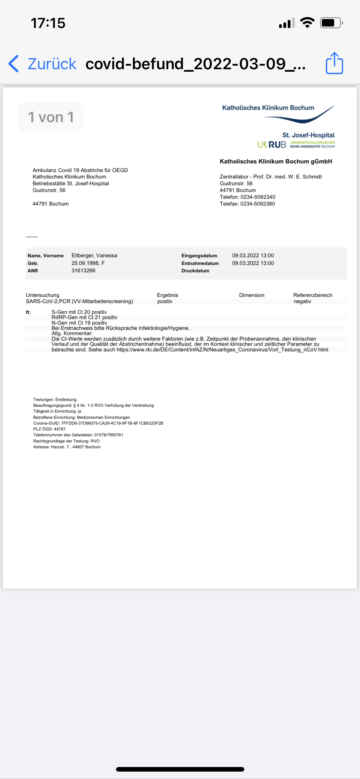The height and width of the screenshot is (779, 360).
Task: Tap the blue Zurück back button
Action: (43, 64)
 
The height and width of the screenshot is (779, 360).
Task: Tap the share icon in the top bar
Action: (334, 63)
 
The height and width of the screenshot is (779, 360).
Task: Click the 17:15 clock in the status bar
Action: (48, 23)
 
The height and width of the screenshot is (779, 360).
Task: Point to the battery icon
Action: (331, 23)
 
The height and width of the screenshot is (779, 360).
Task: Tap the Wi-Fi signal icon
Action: (307, 23)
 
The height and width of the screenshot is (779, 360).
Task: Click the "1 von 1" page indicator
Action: (51, 117)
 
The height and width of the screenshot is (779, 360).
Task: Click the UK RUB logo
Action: (272, 145)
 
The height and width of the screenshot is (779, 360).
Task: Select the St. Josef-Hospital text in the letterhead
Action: (308, 135)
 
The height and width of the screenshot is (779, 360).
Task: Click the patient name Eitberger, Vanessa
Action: (94, 255)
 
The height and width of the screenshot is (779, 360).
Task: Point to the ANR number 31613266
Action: (83, 270)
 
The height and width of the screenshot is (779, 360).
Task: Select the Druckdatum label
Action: (195, 271)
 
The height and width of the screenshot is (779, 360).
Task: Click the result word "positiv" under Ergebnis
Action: (165, 301)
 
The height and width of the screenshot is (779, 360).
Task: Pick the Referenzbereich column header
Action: (313, 295)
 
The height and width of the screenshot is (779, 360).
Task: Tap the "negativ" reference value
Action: (302, 301)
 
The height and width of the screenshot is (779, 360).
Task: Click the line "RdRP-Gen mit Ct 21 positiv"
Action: (84, 317)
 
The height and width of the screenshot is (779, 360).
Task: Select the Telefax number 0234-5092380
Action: (258, 204)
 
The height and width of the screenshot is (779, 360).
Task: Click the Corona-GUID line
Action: (98, 423)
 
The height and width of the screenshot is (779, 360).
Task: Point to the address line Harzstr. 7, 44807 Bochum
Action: (67, 447)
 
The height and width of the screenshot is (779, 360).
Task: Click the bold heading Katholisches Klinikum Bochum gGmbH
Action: (276, 162)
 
